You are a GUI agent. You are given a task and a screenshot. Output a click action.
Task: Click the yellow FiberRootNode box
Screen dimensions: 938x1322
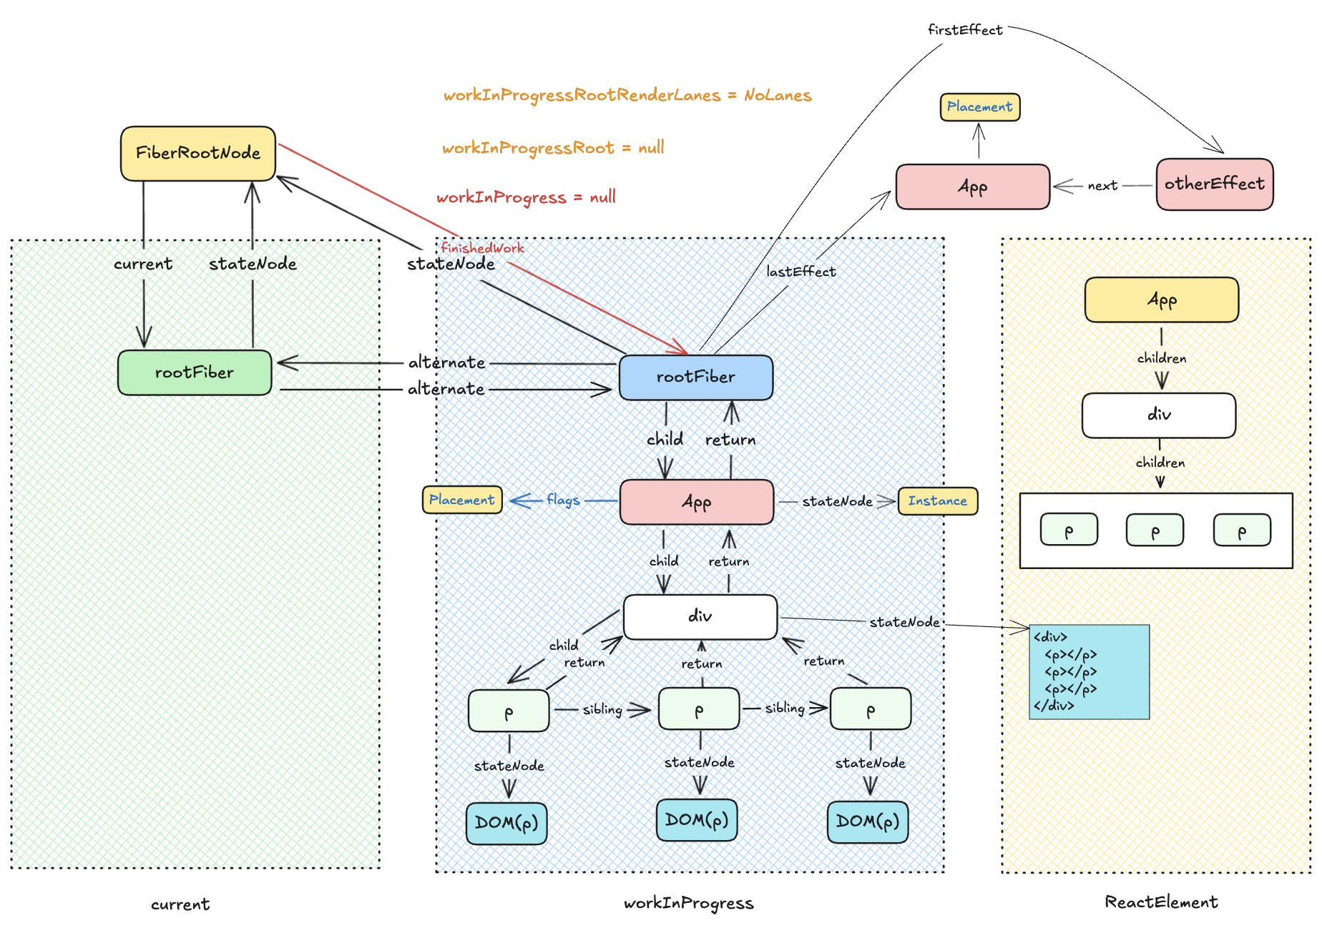[198, 153]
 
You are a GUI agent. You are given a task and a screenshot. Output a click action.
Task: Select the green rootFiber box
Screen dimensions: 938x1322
[195, 372]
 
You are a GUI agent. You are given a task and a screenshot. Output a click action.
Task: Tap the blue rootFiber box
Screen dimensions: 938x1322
[696, 377]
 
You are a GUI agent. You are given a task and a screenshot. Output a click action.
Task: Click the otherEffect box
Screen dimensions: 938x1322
[1215, 184]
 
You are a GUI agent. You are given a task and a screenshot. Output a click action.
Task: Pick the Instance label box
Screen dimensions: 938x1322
[937, 501]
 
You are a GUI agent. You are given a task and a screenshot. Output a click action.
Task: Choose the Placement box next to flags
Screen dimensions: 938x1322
[462, 500]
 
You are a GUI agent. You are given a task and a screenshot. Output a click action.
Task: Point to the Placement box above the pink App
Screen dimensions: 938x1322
[979, 107]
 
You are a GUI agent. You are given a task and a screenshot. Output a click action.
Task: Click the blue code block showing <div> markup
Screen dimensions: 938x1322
[1089, 671]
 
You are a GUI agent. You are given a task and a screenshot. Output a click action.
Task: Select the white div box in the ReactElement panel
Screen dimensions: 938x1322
[1159, 415]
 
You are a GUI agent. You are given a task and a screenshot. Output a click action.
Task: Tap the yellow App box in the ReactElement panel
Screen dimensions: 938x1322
[1161, 300]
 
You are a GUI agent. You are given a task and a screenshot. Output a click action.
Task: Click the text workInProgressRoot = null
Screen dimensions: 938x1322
[553, 148]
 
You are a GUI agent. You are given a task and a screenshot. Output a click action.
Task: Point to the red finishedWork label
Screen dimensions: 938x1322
[482, 248]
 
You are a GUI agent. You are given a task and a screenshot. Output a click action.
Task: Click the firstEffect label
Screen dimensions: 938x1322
[965, 30]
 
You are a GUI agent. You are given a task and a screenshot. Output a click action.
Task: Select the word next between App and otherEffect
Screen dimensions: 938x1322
[1102, 186]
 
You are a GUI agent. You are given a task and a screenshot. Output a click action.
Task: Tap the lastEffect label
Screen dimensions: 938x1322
[800, 272]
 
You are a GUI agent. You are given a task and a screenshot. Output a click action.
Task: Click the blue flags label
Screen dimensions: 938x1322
[563, 500]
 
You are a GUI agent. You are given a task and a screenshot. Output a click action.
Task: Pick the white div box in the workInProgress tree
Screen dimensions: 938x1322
[700, 616]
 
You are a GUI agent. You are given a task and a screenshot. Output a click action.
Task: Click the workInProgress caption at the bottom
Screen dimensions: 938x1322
[688, 903]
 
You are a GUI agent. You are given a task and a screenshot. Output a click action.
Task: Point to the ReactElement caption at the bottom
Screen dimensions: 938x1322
[1160, 902]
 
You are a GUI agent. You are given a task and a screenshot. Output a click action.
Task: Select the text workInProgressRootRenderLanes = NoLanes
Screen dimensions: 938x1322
[627, 96]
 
